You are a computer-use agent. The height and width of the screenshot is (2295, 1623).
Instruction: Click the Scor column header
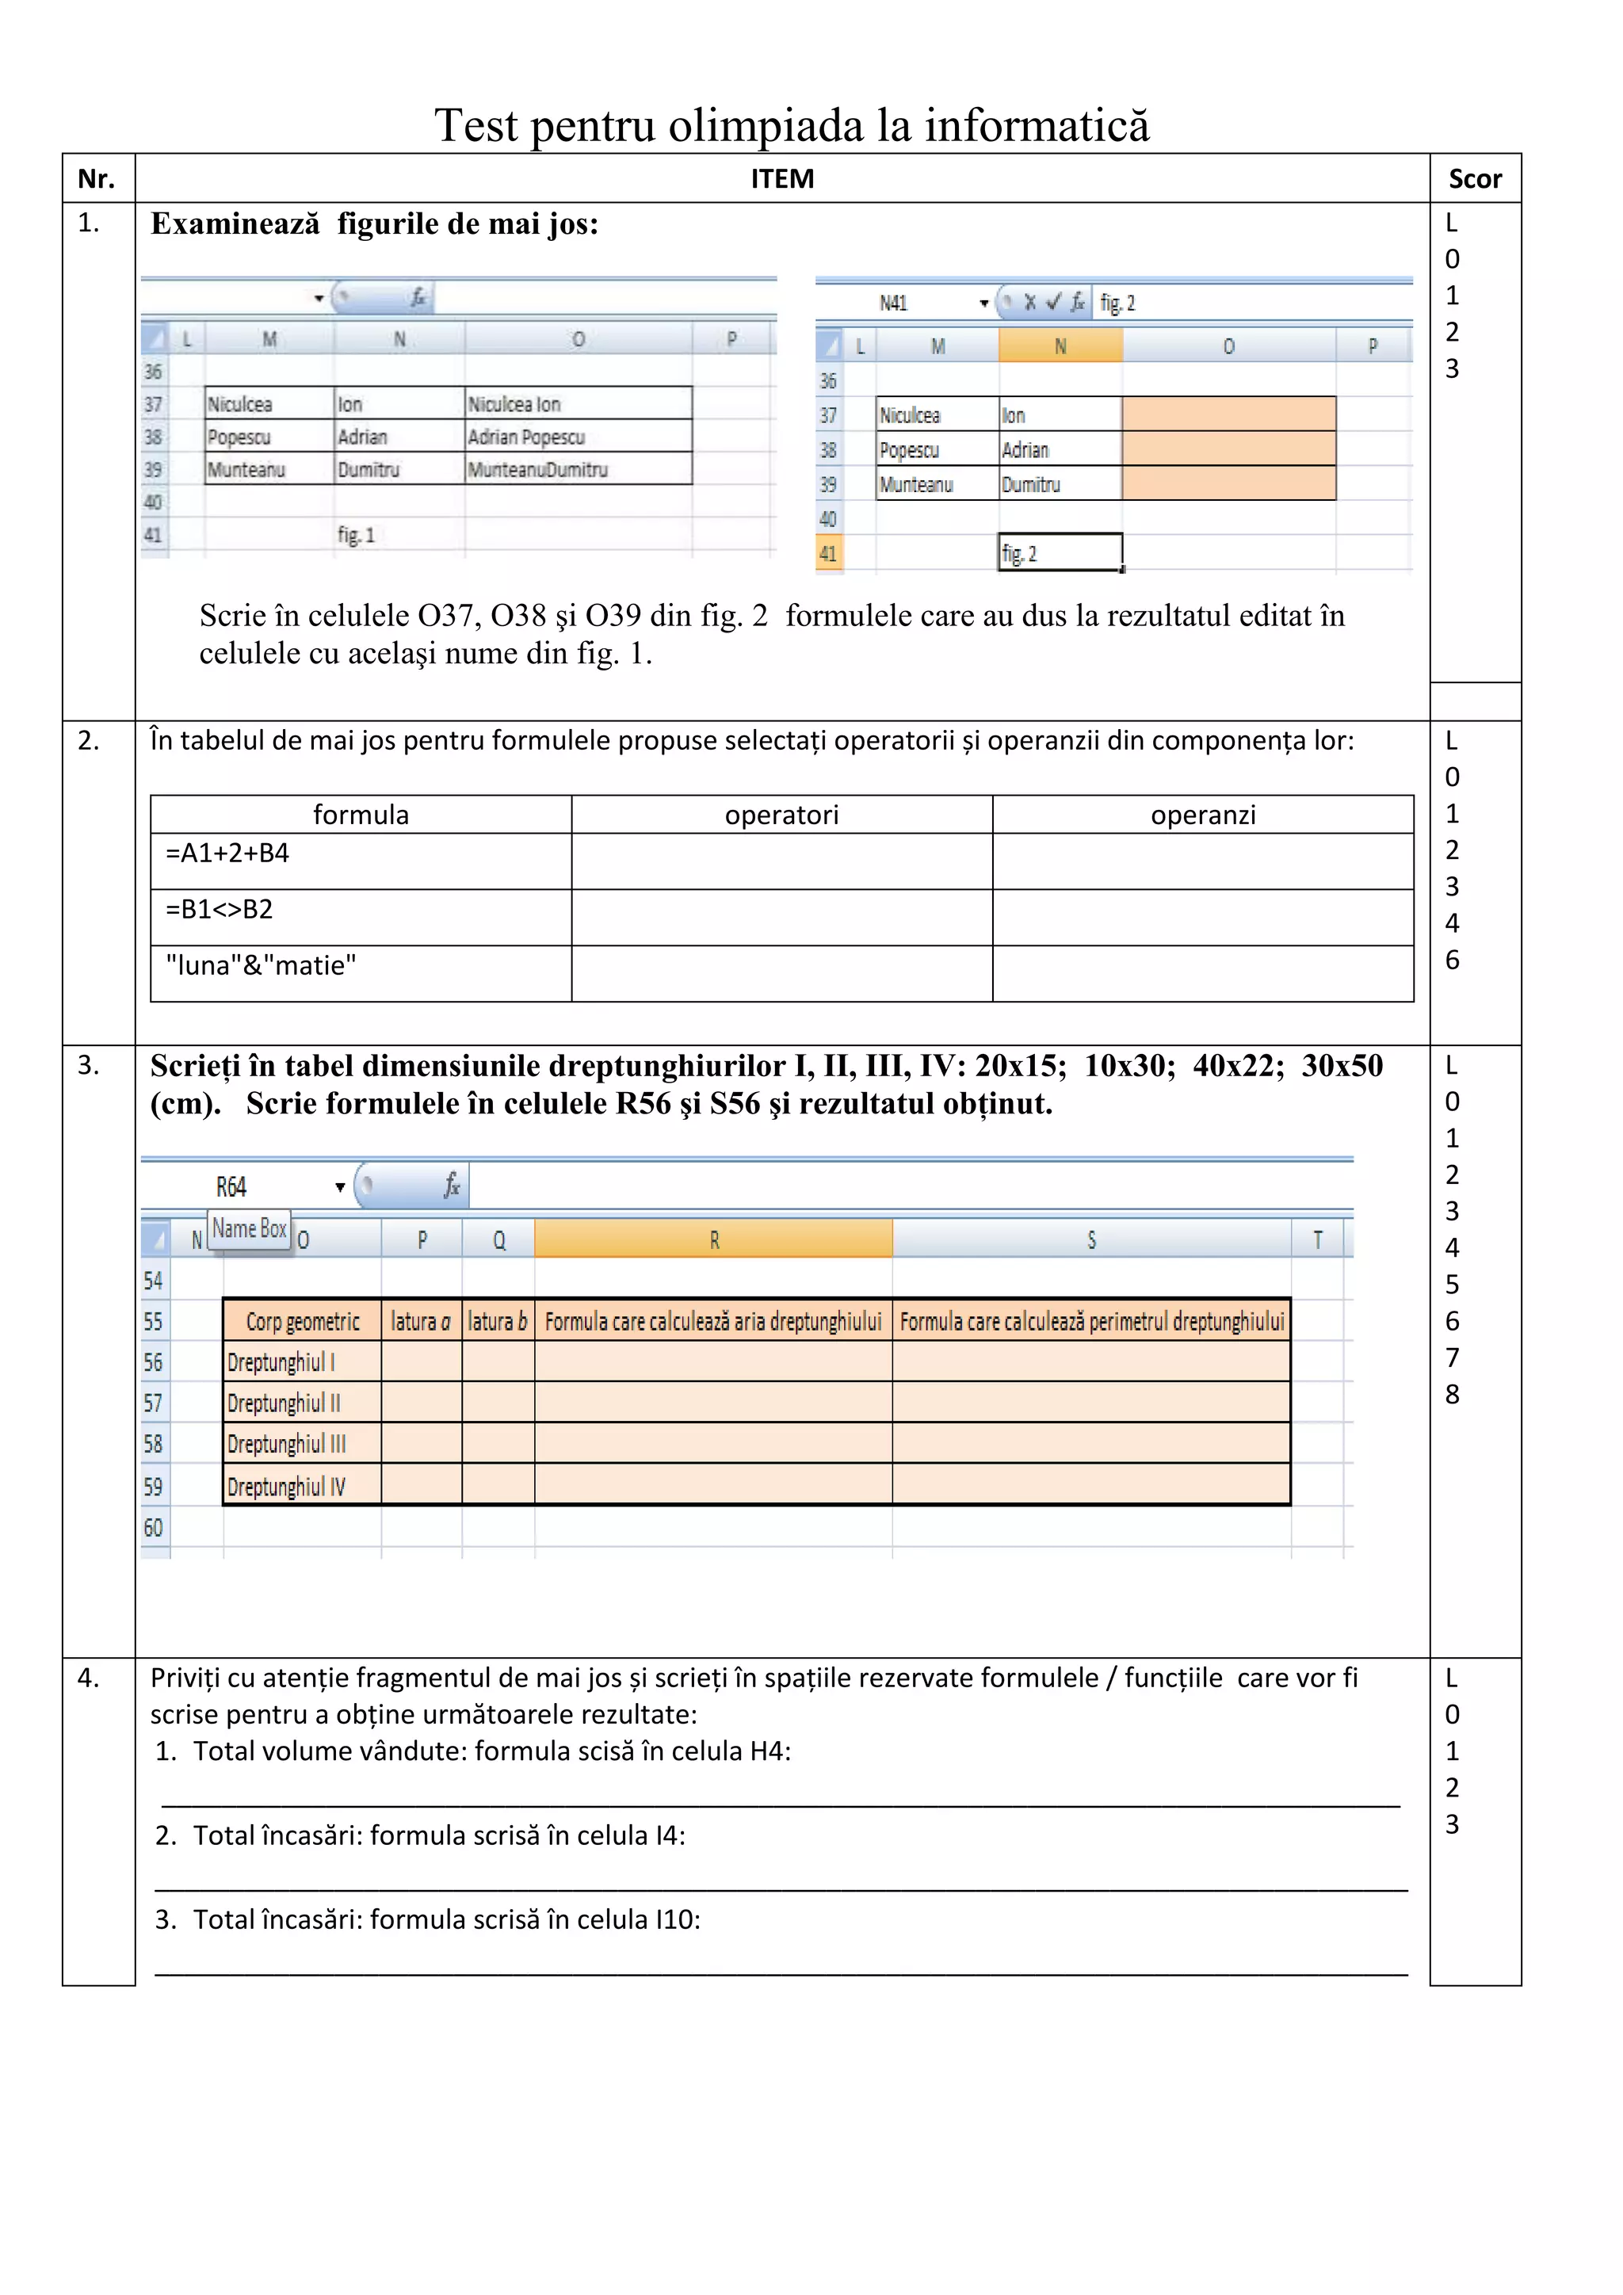tap(1474, 179)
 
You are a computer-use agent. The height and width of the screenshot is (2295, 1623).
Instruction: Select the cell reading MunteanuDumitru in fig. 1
tap(578, 469)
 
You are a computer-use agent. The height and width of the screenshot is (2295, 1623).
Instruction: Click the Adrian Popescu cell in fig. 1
tap(578, 437)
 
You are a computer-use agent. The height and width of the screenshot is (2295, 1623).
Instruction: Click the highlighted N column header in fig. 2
tap(1060, 346)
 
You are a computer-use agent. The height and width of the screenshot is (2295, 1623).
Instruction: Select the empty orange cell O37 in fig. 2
tap(1228, 414)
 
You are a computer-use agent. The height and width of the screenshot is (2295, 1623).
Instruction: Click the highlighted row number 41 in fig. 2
tap(828, 554)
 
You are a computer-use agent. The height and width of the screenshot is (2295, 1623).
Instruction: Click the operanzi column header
tap(1202, 815)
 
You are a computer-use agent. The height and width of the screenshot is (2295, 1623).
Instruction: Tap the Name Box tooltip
tap(249, 1228)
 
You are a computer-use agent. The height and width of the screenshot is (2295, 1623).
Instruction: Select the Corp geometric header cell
tap(302, 1321)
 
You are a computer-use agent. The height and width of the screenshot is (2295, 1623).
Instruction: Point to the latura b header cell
tap(498, 1321)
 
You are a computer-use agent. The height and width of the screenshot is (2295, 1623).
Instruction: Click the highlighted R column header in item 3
tap(713, 1240)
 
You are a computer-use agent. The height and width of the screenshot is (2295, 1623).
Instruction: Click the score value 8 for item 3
tap(1452, 1395)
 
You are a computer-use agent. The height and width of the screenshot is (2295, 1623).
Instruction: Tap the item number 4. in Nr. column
tap(89, 1678)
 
